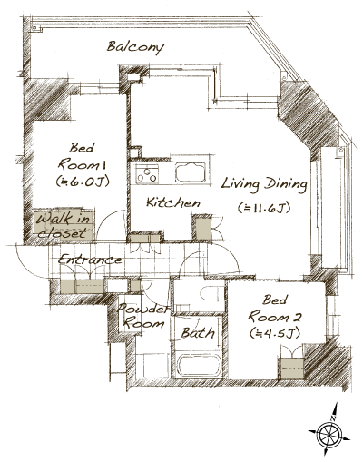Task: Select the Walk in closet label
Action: click(63, 225)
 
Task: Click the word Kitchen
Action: click(172, 203)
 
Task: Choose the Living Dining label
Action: click(264, 185)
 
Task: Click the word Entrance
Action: click(89, 260)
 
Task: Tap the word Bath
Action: click(197, 333)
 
